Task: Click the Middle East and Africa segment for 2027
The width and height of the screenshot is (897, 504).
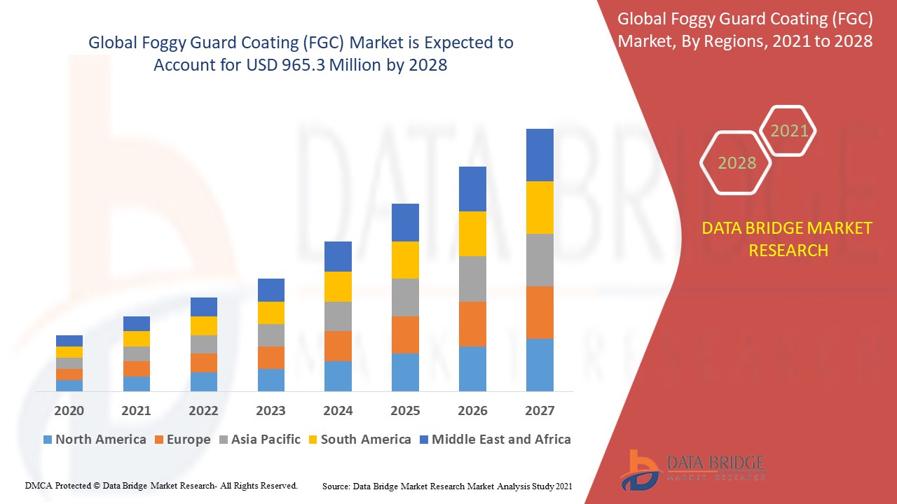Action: click(x=540, y=155)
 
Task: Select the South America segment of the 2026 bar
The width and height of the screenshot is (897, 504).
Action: click(x=472, y=234)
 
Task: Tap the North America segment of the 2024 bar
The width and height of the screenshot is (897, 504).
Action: click(x=338, y=376)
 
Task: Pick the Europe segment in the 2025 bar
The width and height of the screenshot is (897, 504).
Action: click(x=405, y=335)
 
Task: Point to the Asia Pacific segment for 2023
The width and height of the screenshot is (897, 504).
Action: click(x=271, y=335)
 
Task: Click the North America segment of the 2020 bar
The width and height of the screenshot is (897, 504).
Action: click(x=69, y=385)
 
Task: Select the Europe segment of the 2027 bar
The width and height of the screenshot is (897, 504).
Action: click(x=540, y=312)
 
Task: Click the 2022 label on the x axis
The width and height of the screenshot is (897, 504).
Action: click(x=203, y=411)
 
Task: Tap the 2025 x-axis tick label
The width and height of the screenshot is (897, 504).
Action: click(x=405, y=411)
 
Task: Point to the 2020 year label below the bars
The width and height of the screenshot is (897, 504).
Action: click(x=69, y=411)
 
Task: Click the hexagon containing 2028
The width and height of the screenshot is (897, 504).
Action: click(x=736, y=162)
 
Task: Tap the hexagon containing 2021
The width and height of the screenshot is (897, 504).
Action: click(x=788, y=130)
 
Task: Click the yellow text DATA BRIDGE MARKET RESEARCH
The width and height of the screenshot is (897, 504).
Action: click(x=788, y=239)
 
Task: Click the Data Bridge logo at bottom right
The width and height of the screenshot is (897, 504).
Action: click(x=690, y=469)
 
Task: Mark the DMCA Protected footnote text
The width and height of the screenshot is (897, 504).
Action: click(x=161, y=485)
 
